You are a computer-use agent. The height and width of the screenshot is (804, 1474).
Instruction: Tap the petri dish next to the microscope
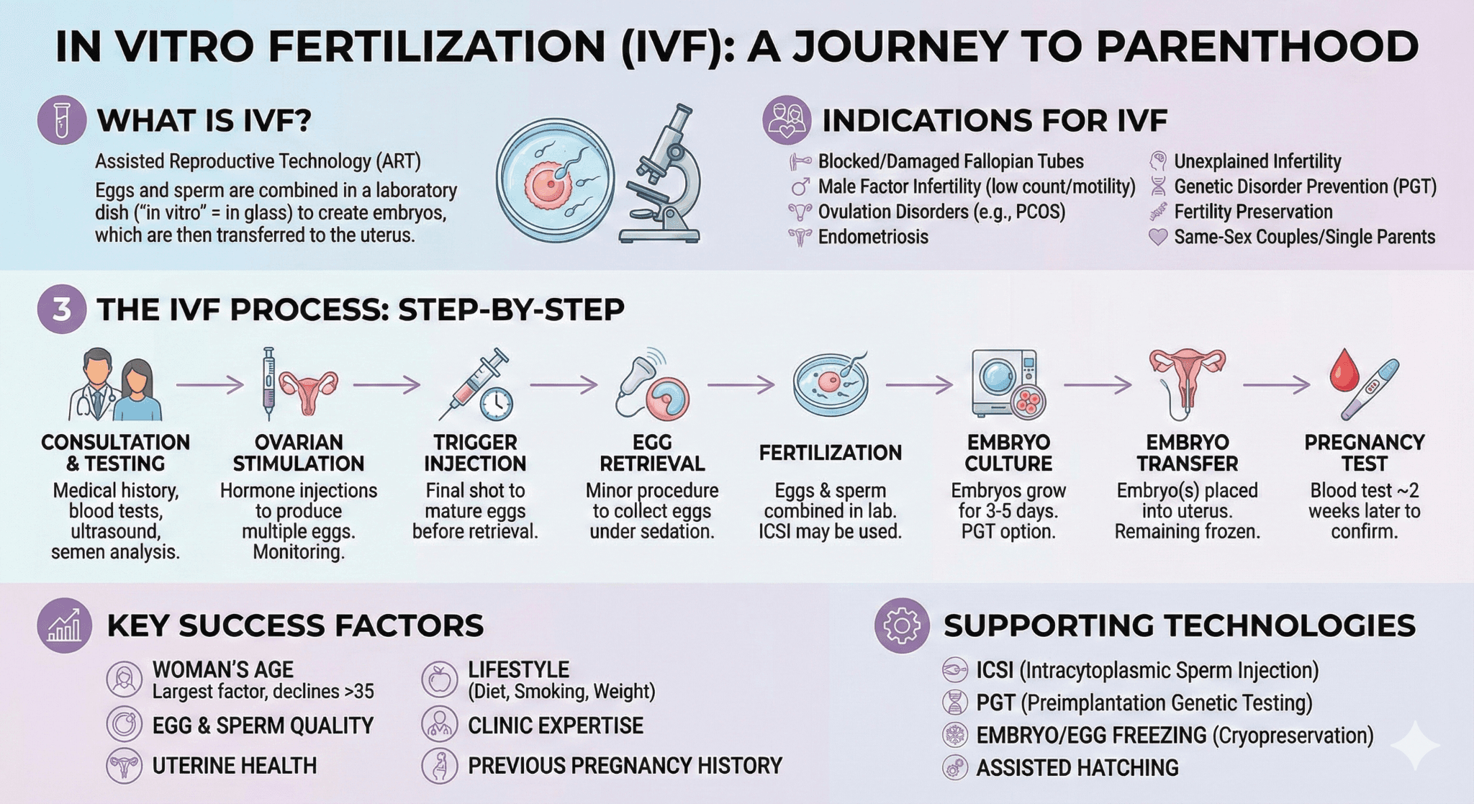tap(555, 179)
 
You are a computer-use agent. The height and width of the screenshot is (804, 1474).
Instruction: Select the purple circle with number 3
tap(62, 310)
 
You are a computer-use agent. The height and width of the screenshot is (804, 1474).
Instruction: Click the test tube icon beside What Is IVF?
tap(62, 120)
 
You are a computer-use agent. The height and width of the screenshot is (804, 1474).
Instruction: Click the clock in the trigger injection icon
tap(496, 404)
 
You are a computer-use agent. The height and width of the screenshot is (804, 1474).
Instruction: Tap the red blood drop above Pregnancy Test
tap(1344, 371)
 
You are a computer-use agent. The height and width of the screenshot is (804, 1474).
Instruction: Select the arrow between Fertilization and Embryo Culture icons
tap(919, 386)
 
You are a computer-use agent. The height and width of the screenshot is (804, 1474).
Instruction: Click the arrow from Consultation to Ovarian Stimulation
tap(210, 386)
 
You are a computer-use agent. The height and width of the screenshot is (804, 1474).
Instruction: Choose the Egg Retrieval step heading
tap(652, 453)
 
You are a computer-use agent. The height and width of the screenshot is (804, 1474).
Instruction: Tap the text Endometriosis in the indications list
tap(873, 237)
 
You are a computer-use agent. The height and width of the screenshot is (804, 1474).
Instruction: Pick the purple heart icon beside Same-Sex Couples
tap(1158, 237)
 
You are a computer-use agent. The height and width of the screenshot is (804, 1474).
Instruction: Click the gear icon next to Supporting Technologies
tap(902, 625)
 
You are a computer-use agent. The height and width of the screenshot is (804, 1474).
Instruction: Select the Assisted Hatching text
tap(1077, 768)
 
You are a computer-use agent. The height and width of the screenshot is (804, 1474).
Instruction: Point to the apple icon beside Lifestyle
tap(439, 679)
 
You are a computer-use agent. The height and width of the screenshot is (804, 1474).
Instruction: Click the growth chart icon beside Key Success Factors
tap(65, 625)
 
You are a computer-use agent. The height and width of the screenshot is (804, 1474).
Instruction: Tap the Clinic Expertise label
tap(556, 726)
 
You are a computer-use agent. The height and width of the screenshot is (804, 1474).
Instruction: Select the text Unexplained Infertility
tap(1257, 161)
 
